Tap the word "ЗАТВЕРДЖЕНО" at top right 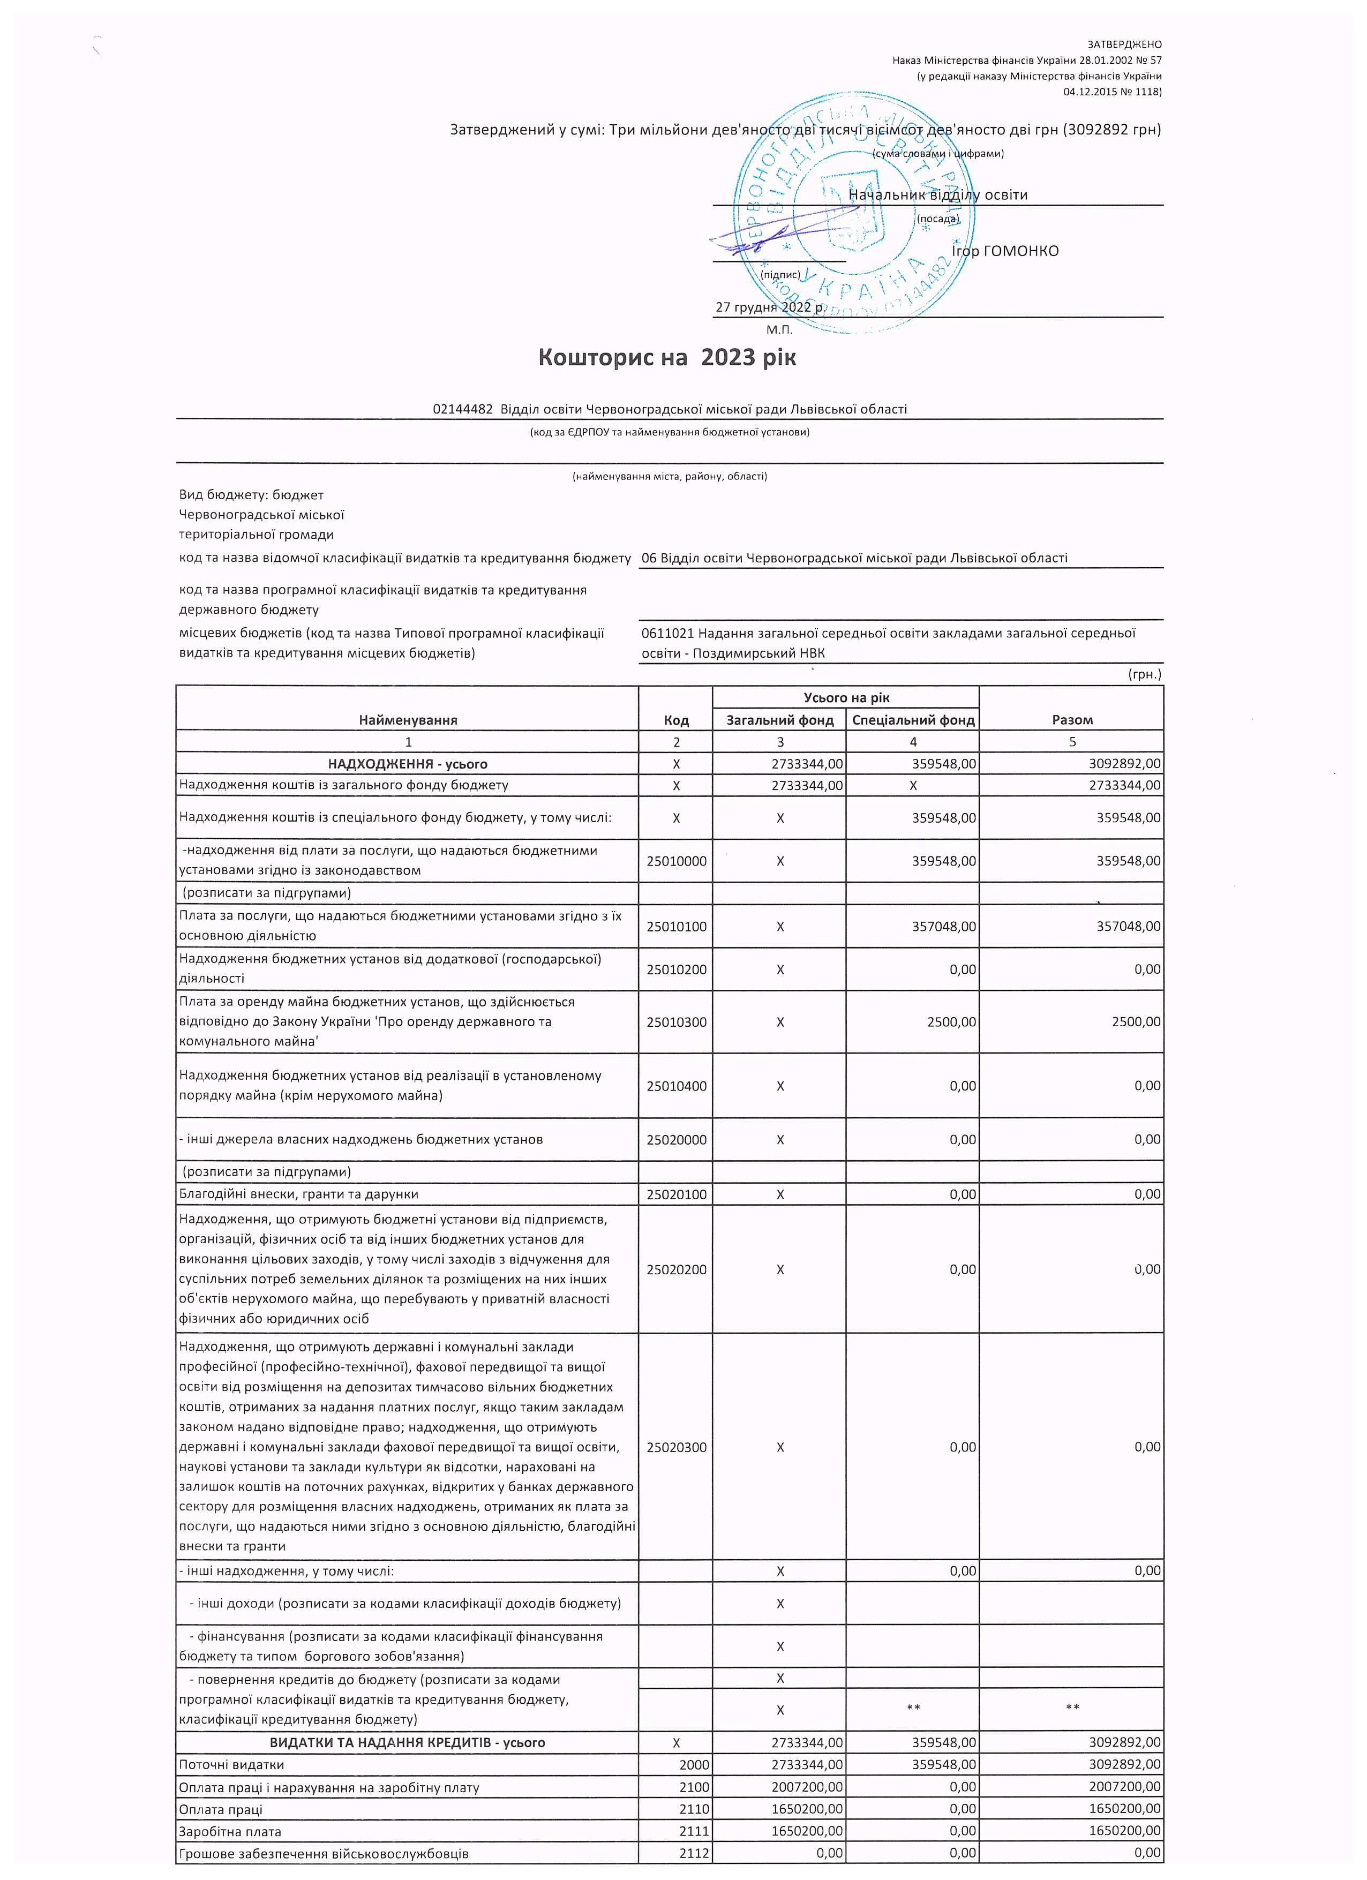pos(1124,44)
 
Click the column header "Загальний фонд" pos(779,719)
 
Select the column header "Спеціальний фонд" pos(913,719)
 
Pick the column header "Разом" pos(1072,719)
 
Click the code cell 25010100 pos(677,926)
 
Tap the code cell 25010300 pos(677,1022)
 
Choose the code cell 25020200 pos(677,1269)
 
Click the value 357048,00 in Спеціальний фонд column pos(943,926)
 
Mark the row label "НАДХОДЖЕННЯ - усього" pos(407,763)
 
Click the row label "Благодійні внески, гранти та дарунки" pos(298,1194)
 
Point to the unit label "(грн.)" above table pos(1145,674)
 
